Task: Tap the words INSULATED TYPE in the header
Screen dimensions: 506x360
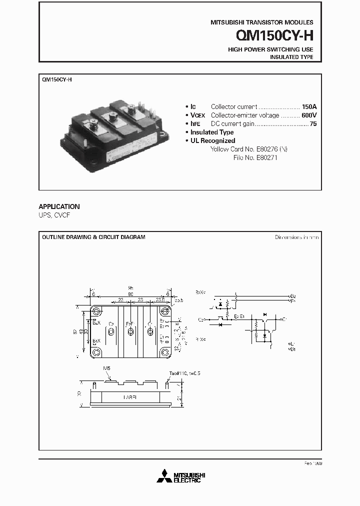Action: click(x=291, y=57)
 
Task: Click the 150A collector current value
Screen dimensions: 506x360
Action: click(x=309, y=107)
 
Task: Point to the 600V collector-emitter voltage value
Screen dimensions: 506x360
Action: click(x=308, y=115)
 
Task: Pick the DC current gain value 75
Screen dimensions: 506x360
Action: click(x=313, y=124)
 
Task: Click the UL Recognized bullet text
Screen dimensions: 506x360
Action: click(x=212, y=141)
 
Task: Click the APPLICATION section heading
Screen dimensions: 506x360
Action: click(x=59, y=206)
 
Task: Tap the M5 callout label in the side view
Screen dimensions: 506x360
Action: click(x=106, y=368)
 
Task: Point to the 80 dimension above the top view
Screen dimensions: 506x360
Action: click(x=130, y=294)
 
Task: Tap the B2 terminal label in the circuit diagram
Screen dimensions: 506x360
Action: click(x=293, y=296)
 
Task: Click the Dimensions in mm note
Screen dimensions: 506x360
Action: click(x=296, y=237)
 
